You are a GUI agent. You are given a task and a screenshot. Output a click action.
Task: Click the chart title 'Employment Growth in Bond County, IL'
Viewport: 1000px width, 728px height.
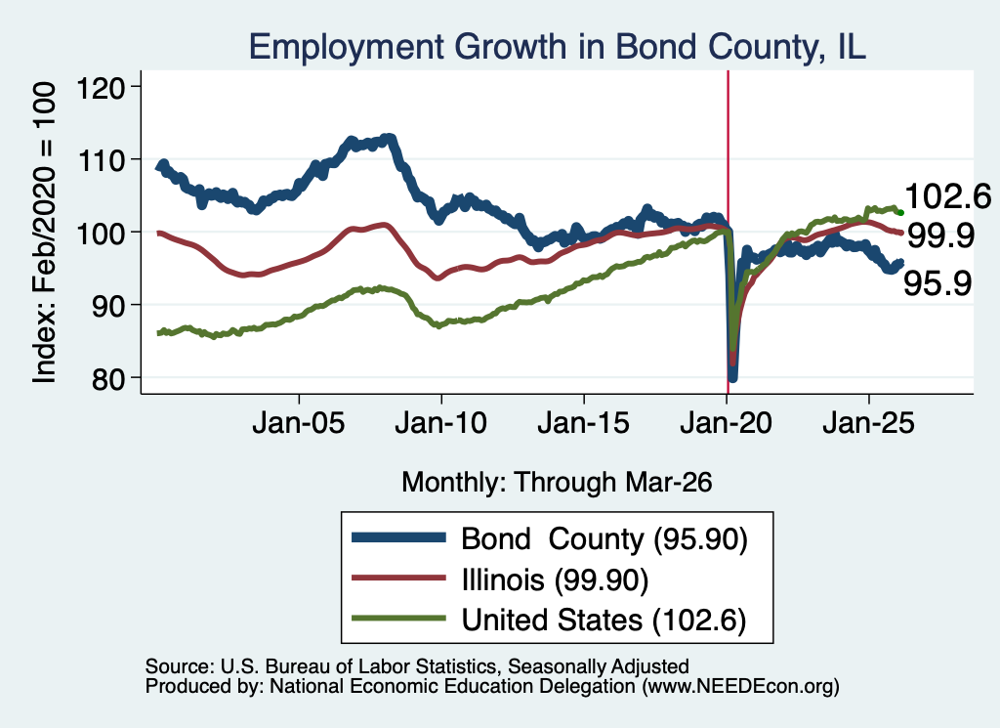pos(557,47)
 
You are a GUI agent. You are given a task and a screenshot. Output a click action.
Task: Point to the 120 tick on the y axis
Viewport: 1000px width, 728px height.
pos(101,87)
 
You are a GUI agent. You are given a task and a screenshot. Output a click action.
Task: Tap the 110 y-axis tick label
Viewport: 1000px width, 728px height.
pos(101,159)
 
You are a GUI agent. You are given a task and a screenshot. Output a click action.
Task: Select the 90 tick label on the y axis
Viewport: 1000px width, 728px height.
pos(107,305)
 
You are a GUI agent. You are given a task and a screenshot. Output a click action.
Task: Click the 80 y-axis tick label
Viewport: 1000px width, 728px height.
pos(107,378)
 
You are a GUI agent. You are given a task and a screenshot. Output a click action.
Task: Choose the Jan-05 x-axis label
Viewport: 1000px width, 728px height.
pos(299,423)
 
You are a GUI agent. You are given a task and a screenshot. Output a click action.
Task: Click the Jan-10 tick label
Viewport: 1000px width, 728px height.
pos(441,423)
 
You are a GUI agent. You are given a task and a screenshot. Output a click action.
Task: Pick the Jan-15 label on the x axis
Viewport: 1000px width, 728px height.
pos(584,423)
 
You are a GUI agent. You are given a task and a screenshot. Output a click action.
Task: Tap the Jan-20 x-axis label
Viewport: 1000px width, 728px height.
pos(727,423)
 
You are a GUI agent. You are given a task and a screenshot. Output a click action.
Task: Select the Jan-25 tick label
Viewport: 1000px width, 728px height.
pos(868,423)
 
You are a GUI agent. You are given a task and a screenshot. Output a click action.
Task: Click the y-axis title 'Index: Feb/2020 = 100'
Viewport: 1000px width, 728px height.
pos(44,233)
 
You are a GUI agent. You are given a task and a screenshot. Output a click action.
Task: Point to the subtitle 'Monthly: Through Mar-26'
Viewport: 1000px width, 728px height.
pos(557,482)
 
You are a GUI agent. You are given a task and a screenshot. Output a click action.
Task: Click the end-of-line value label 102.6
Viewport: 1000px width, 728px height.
pos(947,195)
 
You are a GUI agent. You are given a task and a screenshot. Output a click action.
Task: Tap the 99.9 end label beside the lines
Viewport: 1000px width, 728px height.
pos(940,236)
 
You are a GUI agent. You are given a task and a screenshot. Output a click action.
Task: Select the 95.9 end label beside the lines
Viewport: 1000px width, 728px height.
pos(937,283)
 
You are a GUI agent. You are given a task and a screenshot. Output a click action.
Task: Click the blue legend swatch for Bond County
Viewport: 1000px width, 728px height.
pos(399,537)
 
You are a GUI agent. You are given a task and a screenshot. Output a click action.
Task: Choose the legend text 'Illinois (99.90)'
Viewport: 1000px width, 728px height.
pos(555,580)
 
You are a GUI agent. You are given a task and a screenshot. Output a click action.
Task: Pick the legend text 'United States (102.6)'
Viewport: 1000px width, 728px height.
pos(604,621)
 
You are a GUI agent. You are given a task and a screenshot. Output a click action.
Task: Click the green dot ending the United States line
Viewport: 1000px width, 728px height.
pos(900,212)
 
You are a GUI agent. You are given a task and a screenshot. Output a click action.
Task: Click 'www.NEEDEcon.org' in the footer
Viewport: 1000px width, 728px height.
pos(740,686)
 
